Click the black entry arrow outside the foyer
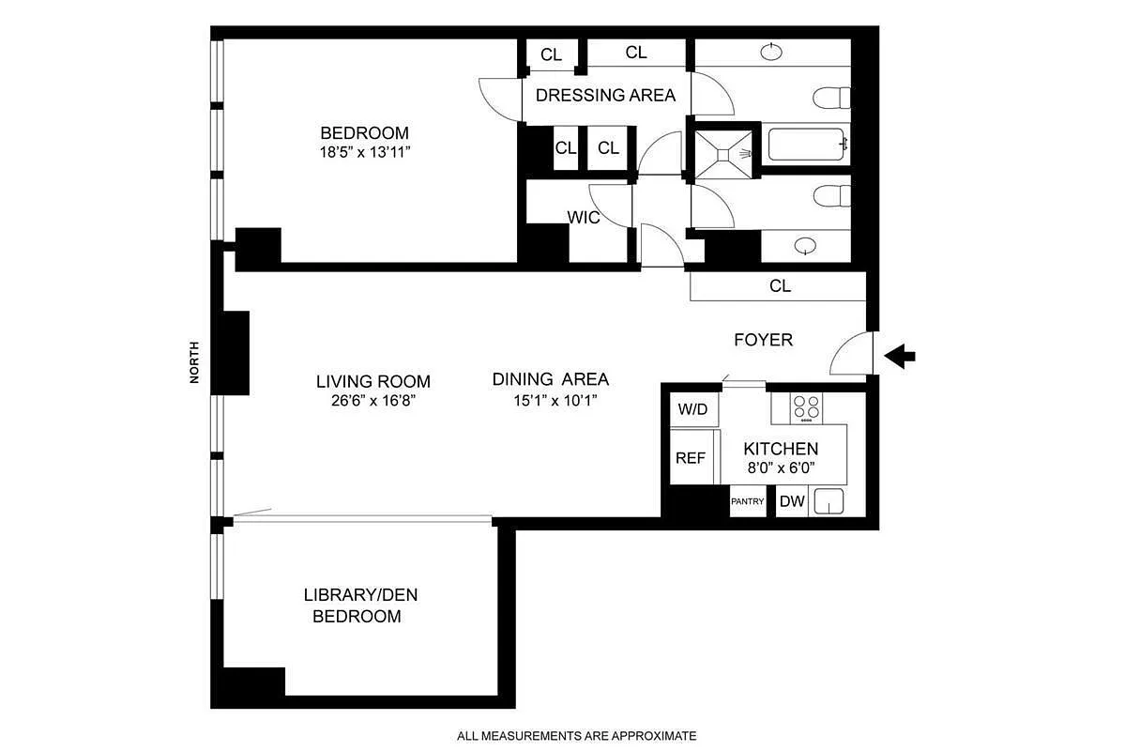point(902,356)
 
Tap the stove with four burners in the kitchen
point(806,407)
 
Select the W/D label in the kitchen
point(692,408)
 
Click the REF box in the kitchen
point(691,458)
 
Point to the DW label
point(792,501)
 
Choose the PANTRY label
point(748,501)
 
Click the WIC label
point(583,217)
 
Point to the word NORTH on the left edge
point(195,361)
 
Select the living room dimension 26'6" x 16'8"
point(372,399)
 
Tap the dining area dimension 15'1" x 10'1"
point(551,399)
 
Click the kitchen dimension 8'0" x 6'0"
point(781,467)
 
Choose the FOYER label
point(763,340)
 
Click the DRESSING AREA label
point(605,95)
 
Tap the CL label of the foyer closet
point(780,286)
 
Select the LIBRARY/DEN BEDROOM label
point(357,605)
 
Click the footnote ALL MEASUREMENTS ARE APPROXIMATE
point(576,735)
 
